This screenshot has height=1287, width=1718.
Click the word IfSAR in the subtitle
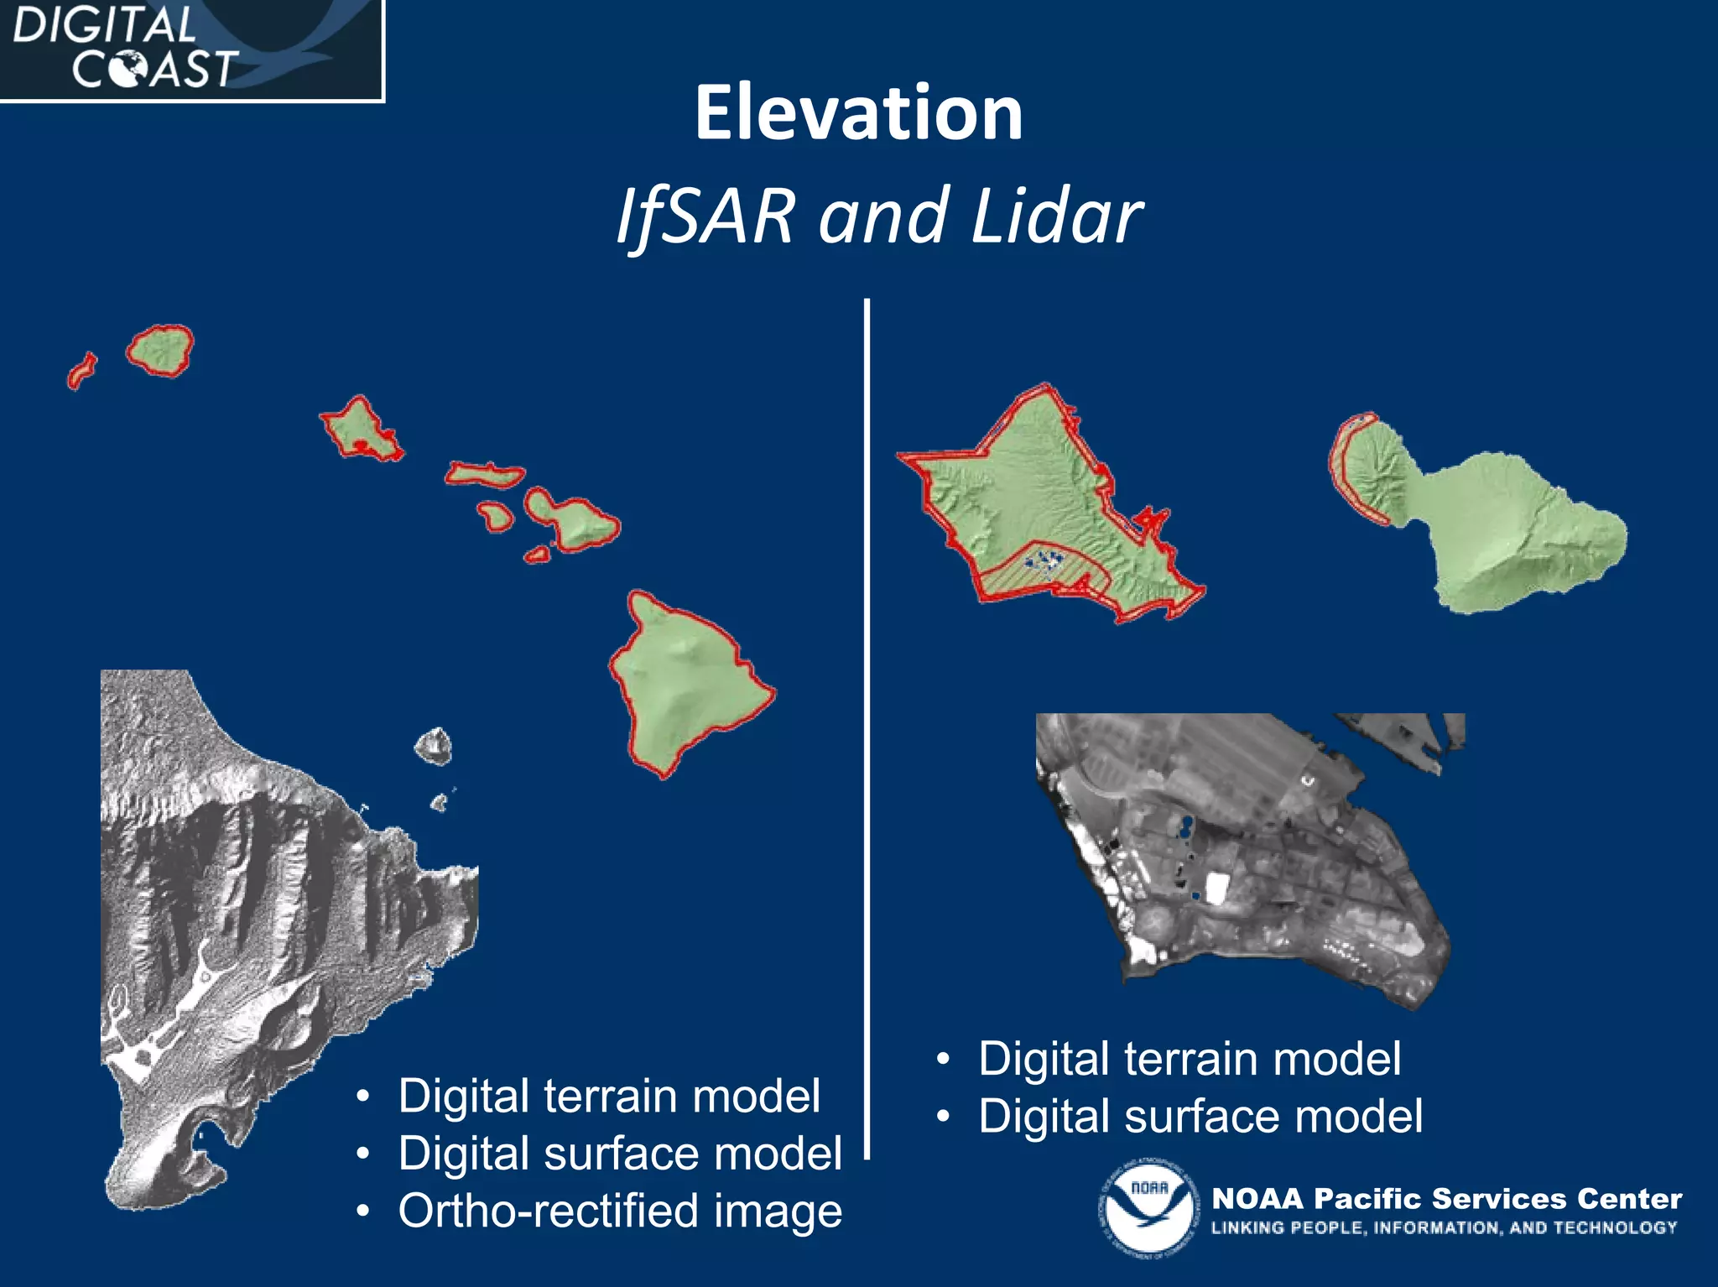(705, 216)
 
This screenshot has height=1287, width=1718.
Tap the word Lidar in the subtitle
(1056, 216)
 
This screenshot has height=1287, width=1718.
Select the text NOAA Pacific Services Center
(1446, 1198)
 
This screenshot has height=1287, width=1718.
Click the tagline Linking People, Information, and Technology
(1443, 1228)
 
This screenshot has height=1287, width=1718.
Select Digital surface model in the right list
(1200, 1117)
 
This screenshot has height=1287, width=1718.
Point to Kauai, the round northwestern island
(160, 350)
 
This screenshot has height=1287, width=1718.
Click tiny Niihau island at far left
(81, 371)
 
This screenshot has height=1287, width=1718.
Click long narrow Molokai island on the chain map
(484, 475)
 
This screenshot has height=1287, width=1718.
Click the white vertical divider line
(867, 722)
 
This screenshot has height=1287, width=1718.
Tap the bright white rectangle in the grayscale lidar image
(1216, 888)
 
